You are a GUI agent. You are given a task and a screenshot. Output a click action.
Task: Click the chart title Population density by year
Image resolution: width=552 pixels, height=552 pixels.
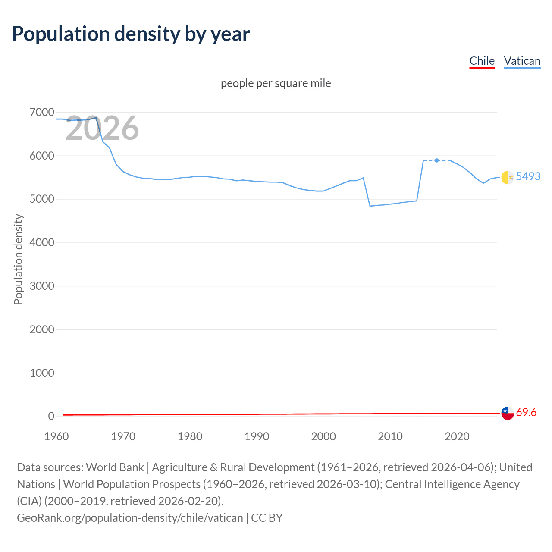(x=131, y=34)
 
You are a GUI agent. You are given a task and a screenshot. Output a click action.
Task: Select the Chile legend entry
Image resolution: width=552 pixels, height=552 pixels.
(x=482, y=61)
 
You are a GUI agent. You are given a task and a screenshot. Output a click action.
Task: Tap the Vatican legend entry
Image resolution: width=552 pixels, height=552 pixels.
(x=522, y=61)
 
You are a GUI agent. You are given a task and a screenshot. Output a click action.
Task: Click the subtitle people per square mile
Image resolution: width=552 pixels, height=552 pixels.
(x=276, y=83)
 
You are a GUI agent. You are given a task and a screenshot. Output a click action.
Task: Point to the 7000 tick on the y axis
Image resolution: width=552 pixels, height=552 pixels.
(x=42, y=113)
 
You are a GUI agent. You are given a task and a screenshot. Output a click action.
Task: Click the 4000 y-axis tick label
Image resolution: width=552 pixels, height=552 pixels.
(x=42, y=243)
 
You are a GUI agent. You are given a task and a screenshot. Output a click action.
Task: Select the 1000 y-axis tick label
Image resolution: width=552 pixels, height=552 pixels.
(x=42, y=373)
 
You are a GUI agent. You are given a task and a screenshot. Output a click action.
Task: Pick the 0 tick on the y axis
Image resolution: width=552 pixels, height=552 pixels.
(x=51, y=416)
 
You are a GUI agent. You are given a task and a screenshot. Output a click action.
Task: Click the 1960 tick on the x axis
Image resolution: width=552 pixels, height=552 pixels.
(x=56, y=436)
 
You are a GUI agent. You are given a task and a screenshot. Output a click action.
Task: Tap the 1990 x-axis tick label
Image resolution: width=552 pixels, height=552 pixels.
(x=257, y=436)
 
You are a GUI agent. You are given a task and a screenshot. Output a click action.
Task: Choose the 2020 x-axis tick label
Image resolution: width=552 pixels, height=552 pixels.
(x=457, y=436)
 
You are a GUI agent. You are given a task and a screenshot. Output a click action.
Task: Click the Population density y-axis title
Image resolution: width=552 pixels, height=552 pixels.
(x=18, y=260)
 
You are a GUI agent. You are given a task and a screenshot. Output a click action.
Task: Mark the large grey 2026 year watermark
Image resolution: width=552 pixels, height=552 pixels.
(x=102, y=128)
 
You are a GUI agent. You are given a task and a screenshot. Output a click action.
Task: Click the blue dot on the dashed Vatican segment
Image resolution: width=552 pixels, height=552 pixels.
(x=437, y=160)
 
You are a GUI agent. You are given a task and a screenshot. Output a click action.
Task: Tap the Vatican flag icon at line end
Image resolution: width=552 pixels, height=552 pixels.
(x=507, y=177)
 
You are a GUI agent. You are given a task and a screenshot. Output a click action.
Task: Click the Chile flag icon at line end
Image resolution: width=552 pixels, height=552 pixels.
(x=507, y=413)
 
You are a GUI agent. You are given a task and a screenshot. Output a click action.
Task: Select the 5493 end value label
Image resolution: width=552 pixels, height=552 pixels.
(x=528, y=176)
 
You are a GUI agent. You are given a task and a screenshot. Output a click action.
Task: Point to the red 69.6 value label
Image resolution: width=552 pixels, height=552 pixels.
(x=526, y=413)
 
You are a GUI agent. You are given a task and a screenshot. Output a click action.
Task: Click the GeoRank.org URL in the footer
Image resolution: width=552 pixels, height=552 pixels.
(x=130, y=517)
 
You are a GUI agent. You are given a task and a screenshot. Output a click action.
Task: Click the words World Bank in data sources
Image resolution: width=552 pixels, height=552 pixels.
(x=115, y=467)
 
